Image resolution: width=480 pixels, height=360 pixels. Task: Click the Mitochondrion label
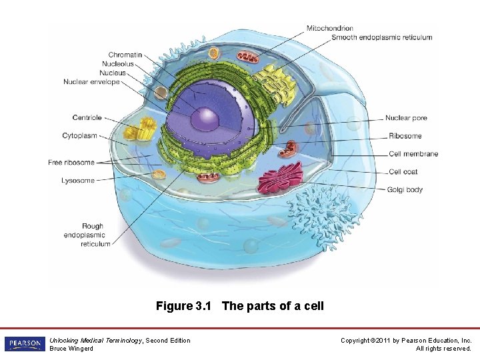(329, 28)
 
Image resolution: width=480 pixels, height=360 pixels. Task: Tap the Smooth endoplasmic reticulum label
(381, 37)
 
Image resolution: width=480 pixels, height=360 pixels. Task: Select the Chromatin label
(125, 55)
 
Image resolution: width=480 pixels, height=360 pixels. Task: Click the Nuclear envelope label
(92, 82)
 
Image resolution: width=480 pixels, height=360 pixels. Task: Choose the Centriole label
(87, 118)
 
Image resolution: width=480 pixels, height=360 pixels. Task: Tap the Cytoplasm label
(80, 136)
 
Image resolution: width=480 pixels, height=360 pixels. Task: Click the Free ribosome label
(71, 163)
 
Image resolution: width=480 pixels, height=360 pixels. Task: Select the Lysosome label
(78, 181)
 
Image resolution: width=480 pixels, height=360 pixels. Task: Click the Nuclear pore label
(406, 119)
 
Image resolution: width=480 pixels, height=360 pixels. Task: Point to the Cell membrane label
(413, 154)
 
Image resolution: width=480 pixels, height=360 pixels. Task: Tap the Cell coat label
(403, 172)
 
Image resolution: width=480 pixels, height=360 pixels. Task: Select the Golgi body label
(405, 190)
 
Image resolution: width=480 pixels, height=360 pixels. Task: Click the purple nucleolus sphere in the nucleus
(205, 119)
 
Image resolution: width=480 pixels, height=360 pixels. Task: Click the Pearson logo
(25, 344)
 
